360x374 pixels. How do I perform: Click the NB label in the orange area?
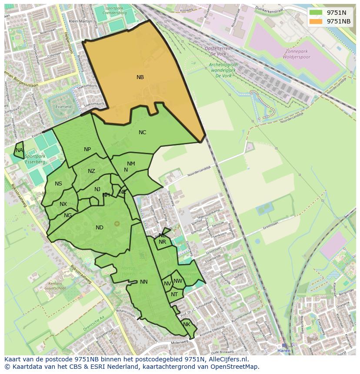click(x=140, y=77)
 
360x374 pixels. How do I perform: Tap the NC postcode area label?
click(x=142, y=132)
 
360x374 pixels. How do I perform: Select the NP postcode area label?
click(x=87, y=149)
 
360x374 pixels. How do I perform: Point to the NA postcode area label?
click(x=19, y=150)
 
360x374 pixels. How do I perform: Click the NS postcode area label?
click(x=58, y=184)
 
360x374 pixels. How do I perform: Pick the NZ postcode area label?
click(x=91, y=171)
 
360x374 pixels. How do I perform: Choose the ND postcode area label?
click(x=100, y=228)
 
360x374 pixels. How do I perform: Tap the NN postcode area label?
click(x=144, y=282)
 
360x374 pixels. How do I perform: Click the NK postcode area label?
click(x=187, y=324)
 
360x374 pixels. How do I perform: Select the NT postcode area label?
click(x=174, y=295)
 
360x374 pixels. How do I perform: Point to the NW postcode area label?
click(x=178, y=281)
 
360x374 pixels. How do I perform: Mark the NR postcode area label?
click(x=162, y=242)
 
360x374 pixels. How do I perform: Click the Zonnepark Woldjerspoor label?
click(x=295, y=54)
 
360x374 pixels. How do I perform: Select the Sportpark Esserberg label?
click(x=35, y=159)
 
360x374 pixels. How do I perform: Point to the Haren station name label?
click(x=284, y=351)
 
